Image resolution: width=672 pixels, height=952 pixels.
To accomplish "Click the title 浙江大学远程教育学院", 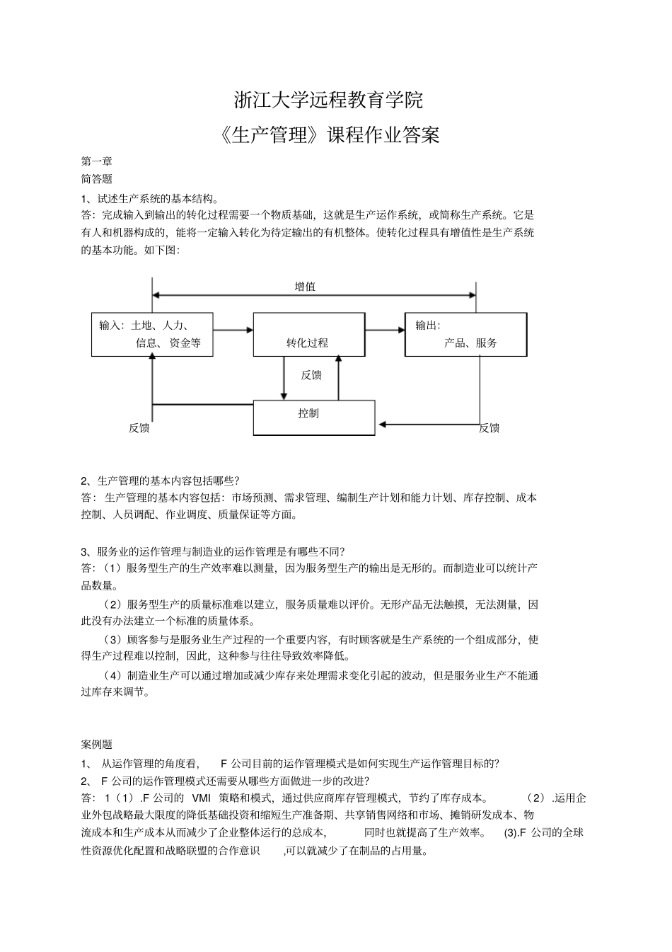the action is [x=328, y=100].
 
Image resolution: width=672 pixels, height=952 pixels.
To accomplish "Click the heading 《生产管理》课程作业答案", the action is [x=330, y=134].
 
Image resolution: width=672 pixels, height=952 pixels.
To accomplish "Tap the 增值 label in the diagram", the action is [x=305, y=287].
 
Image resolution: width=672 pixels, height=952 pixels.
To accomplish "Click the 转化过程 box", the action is [x=308, y=334].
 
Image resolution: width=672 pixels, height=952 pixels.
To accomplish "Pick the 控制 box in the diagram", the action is [x=314, y=418].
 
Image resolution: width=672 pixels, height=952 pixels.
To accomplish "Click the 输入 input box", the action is [x=152, y=334].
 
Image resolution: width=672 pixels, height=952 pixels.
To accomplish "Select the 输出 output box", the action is [x=465, y=334].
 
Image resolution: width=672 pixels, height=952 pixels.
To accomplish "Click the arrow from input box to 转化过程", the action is [x=233, y=329].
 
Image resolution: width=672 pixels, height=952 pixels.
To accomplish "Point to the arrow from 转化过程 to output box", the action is [x=385, y=329].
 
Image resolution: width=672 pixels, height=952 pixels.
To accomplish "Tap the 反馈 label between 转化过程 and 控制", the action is [x=311, y=375].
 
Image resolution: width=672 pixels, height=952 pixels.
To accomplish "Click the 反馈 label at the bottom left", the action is [x=139, y=428].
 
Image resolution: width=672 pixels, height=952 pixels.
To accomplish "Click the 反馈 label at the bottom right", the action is [x=489, y=428].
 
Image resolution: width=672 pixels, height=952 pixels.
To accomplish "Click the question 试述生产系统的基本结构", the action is [x=151, y=198].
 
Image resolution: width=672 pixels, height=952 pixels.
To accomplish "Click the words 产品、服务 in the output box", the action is [x=470, y=343].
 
